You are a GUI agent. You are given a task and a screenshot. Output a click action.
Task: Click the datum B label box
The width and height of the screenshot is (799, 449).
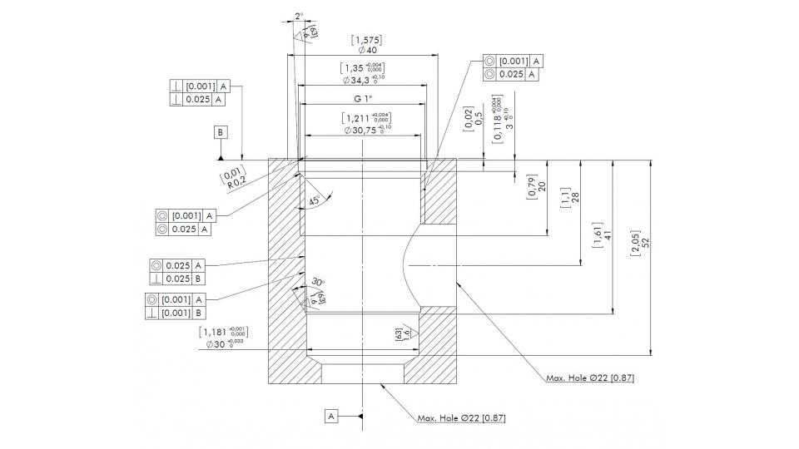(220, 132)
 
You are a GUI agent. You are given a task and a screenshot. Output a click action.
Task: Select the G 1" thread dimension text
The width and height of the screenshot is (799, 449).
(362, 99)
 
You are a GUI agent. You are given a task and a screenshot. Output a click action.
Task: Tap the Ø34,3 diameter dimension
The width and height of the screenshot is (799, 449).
(363, 80)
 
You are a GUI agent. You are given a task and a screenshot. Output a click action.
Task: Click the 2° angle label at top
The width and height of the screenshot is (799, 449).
(299, 16)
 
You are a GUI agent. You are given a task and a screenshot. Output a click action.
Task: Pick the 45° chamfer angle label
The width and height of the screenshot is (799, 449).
(314, 201)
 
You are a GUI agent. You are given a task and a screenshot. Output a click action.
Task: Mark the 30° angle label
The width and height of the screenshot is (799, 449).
(317, 282)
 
